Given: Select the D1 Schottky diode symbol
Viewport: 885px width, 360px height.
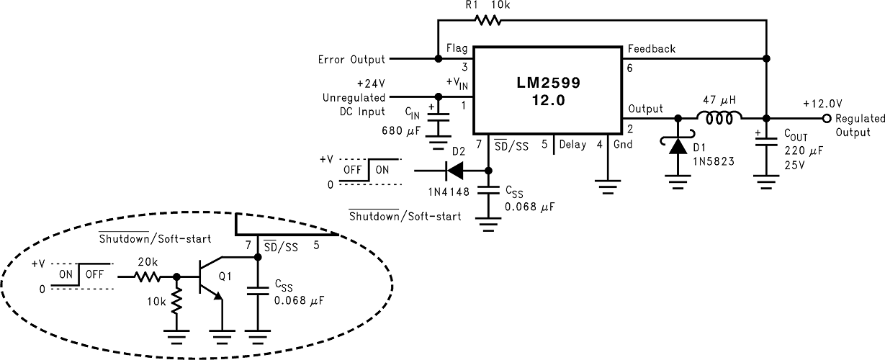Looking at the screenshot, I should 677,146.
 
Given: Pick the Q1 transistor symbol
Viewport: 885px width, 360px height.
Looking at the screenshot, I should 211,276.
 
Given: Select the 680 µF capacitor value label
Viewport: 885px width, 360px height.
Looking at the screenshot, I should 400,131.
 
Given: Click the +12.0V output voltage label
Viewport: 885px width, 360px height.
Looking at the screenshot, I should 822,104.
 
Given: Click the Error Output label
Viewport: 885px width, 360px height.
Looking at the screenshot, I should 351,59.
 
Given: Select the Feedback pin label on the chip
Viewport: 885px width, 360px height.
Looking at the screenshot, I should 651,49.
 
